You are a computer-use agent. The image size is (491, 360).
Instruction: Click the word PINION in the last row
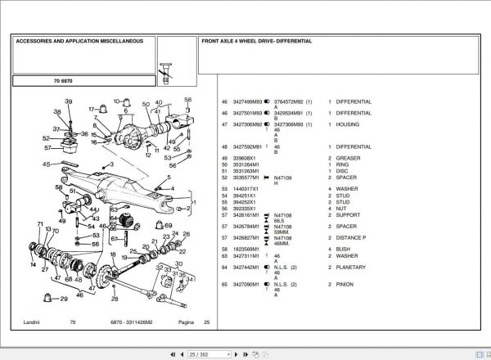(347, 284)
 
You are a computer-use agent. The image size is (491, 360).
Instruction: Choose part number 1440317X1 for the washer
(247, 189)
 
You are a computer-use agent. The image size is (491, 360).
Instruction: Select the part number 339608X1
(245, 157)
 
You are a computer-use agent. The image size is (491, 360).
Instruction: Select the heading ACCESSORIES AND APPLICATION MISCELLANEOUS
(79, 40)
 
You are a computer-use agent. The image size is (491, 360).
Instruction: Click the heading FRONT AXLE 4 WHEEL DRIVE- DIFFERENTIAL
(256, 40)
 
